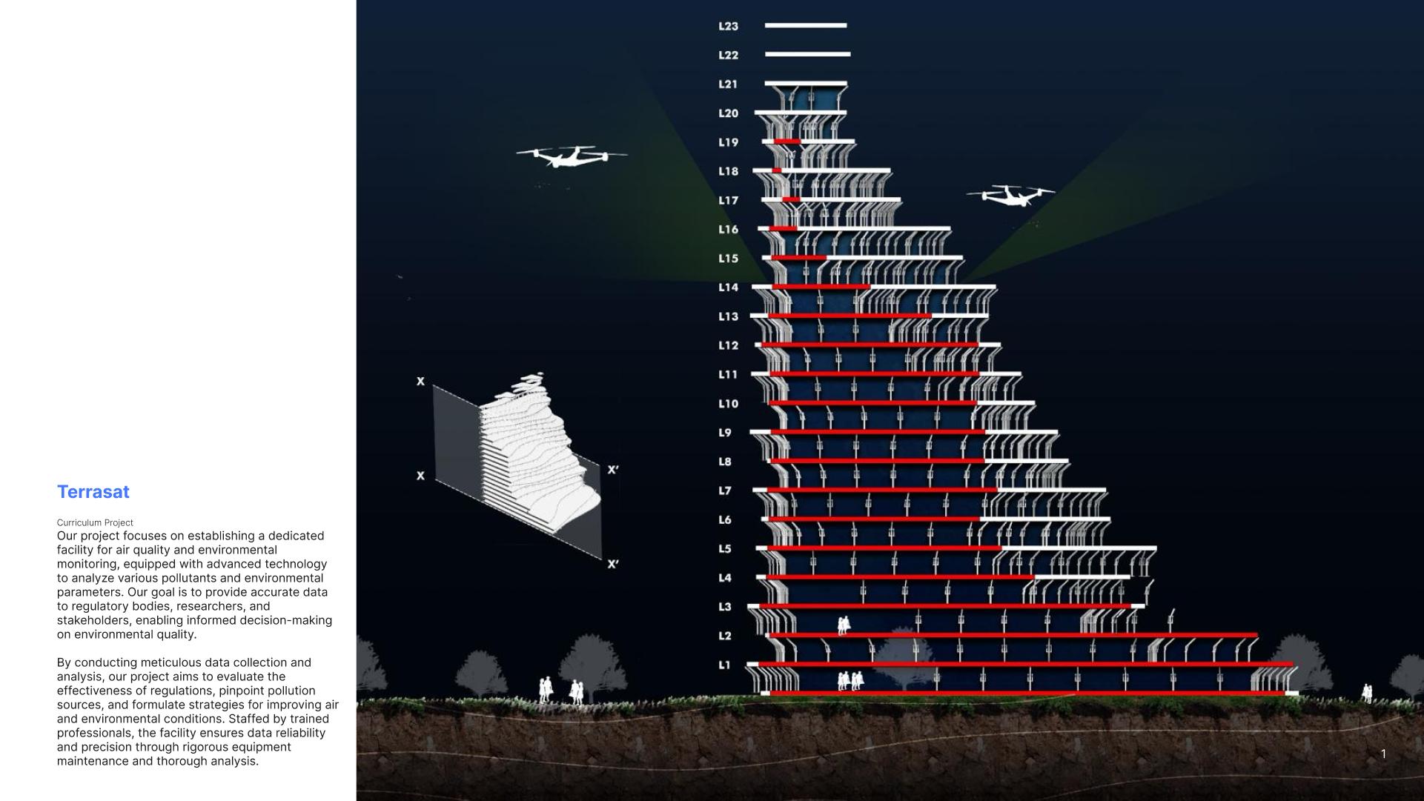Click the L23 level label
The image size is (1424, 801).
point(728,26)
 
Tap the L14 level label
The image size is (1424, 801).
point(728,288)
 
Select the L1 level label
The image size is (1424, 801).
point(724,665)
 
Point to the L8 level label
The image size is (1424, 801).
point(724,462)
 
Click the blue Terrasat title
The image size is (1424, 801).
point(93,492)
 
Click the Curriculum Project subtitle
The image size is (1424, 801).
point(95,522)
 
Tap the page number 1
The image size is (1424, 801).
point(1383,754)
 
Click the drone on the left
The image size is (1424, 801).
point(572,156)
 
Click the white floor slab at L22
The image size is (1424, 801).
point(807,54)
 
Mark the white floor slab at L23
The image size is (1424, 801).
point(806,25)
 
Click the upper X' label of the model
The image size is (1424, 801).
point(612,470)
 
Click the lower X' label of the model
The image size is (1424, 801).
point(612,564)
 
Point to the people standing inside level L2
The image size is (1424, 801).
point(844,625)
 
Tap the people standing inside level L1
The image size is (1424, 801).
point(850,680)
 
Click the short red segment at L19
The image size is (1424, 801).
point(787,141)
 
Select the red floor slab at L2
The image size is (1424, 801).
point(1013,635)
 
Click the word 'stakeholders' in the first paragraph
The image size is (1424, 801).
point(93,620)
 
